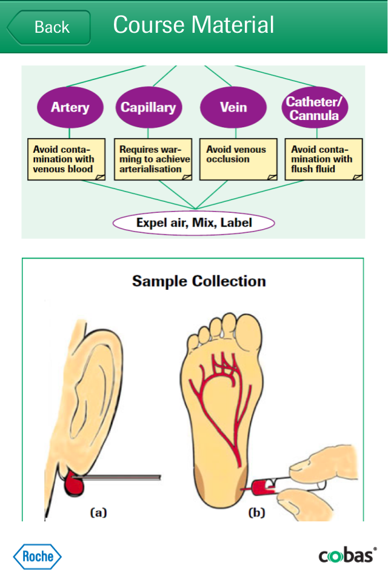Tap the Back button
click(49, 27)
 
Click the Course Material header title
click(193, 25)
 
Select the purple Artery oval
click(70, 107)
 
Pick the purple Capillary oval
click(149, 107)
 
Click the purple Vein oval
click(233, 107)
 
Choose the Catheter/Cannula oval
click(315, 107)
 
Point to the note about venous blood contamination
click(67, 159)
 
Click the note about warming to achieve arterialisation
click(153, 159)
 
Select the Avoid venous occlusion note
click(238, 159)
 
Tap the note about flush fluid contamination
click(324, 159)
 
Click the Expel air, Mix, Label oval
click(194, 223)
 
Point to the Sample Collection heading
click(199, 281)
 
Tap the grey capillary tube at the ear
click(116, 477)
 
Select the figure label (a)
click(98, 513)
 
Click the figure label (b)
click(256, 513)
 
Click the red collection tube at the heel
click(264, 487)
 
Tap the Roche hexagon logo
click(38, 557)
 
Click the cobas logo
click(347, 555)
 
